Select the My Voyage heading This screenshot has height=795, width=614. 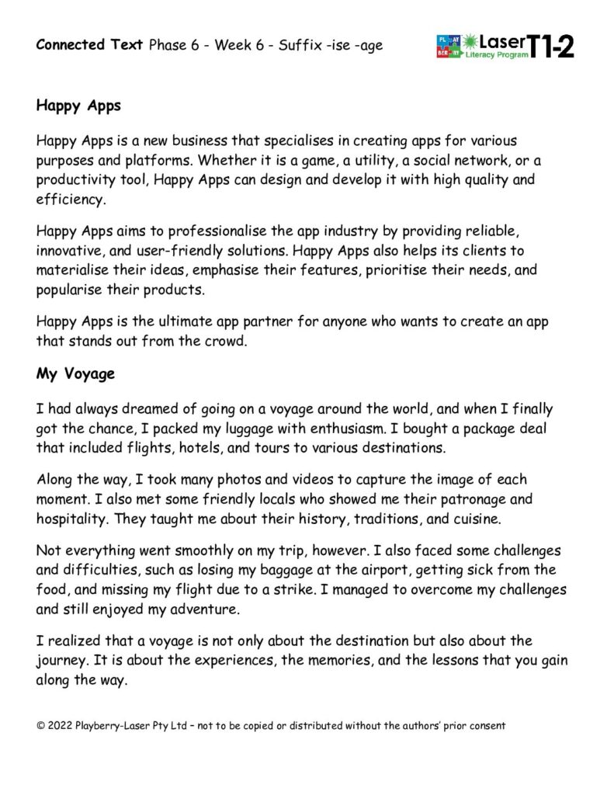[x=75, y=374]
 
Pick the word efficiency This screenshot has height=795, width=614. [x=68, y=199]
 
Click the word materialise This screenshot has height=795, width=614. [x=75, y=271]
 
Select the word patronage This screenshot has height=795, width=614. [x=450, y=500]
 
